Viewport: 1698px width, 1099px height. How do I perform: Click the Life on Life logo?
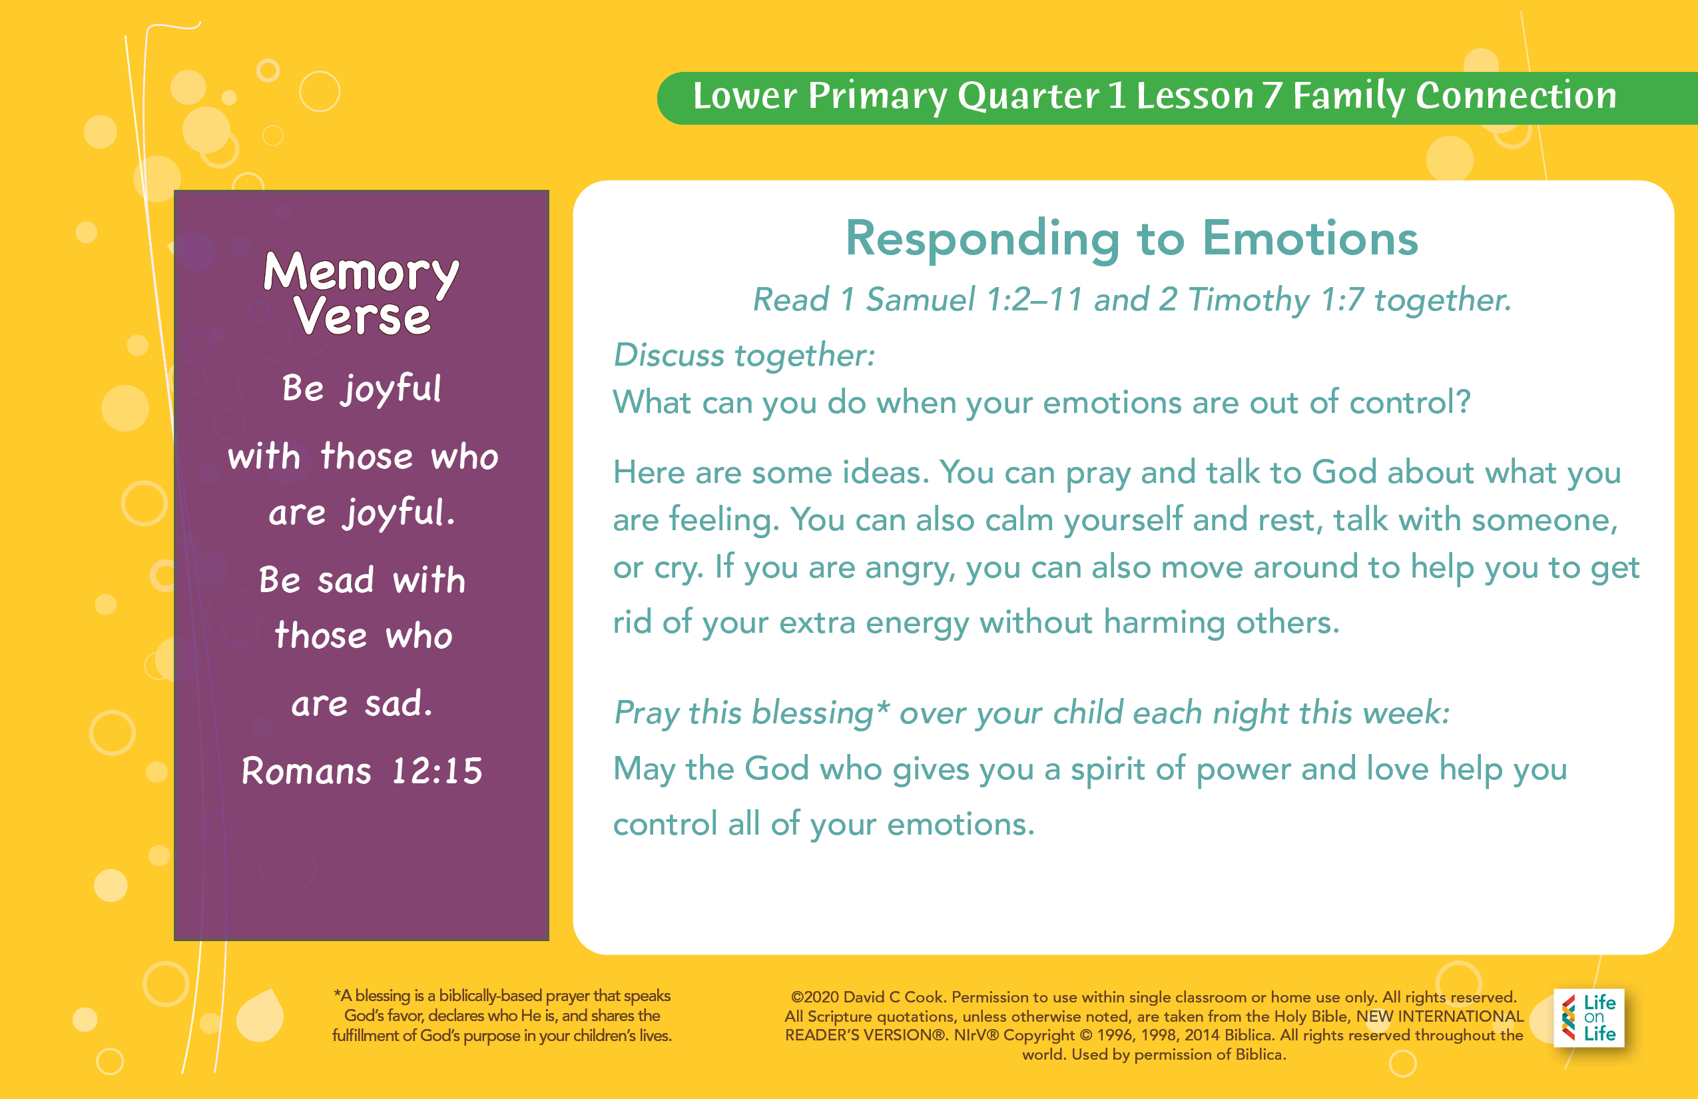[x=1589, y=1018]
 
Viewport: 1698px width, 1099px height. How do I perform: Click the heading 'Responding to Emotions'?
[x=1132, y=238]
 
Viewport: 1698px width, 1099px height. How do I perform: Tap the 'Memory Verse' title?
[x=362, y=292]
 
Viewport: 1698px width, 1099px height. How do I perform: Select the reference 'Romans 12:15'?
[x=362, y=771]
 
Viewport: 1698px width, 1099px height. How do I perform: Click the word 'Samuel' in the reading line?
[x=920, y=299]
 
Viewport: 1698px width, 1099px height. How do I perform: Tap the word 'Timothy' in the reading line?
[x=1249, y=300]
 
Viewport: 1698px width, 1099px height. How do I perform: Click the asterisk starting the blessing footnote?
[x=337, y=992]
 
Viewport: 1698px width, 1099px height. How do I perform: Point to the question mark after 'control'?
[x=1462, y=402]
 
